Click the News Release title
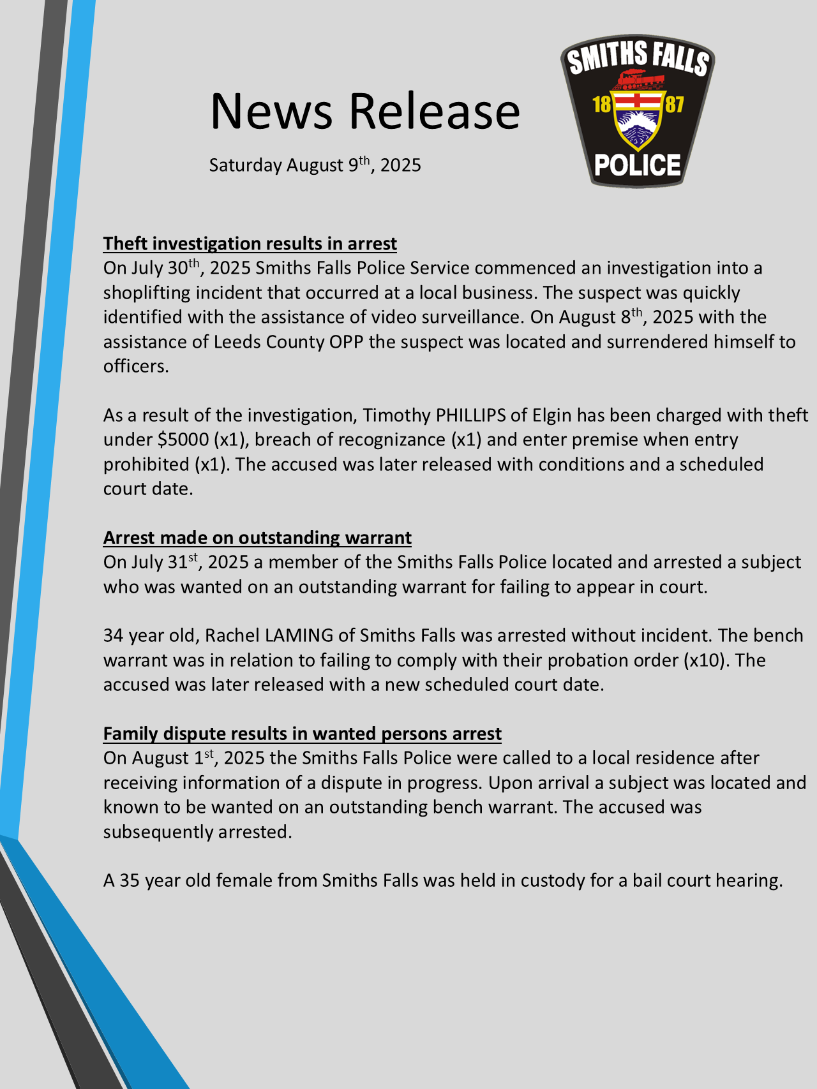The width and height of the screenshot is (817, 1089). point(365,111)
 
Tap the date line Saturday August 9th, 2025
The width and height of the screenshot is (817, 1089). point(315,165)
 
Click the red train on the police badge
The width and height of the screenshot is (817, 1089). point(638,79)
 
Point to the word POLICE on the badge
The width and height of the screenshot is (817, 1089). point(637,166)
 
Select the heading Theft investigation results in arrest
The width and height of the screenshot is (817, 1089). point(250,244)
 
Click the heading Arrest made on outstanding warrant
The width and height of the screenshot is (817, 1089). point(257,538)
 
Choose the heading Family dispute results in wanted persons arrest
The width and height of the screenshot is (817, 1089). point(303,734)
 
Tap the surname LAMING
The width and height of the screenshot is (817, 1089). point(299,635)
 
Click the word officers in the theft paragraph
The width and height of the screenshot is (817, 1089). point(135,366)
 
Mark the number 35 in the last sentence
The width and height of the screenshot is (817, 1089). point(130,880)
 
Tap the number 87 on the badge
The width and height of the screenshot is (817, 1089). point(675,104)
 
